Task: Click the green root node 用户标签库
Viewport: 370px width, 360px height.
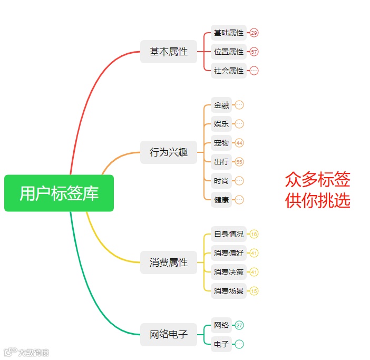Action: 59,193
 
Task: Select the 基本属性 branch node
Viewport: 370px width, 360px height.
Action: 168,52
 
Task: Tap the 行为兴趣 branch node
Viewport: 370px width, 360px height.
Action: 168,152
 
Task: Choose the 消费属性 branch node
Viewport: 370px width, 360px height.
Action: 168,262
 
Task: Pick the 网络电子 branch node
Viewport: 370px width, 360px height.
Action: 168,334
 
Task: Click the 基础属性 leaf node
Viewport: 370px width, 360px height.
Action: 229,33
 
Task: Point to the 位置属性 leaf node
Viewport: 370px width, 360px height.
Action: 229,52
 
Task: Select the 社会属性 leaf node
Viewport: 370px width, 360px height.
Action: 229,70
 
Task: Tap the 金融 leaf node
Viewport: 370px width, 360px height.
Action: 221,105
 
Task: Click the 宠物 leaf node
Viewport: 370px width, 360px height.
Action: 221,143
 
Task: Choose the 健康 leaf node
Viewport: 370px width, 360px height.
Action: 221,200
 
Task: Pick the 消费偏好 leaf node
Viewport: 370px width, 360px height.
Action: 229,253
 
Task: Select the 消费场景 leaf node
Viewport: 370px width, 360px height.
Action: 229,290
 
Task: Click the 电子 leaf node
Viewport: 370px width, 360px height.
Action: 221,344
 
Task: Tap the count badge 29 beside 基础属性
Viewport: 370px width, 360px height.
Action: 254,33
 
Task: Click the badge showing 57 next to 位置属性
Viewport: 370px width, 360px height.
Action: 254,52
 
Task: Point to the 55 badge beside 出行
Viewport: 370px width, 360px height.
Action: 239,162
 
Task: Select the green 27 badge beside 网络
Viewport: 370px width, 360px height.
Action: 239,325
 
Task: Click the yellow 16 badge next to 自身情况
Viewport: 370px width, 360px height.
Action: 254,234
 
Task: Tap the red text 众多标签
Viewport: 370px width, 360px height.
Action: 317,180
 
